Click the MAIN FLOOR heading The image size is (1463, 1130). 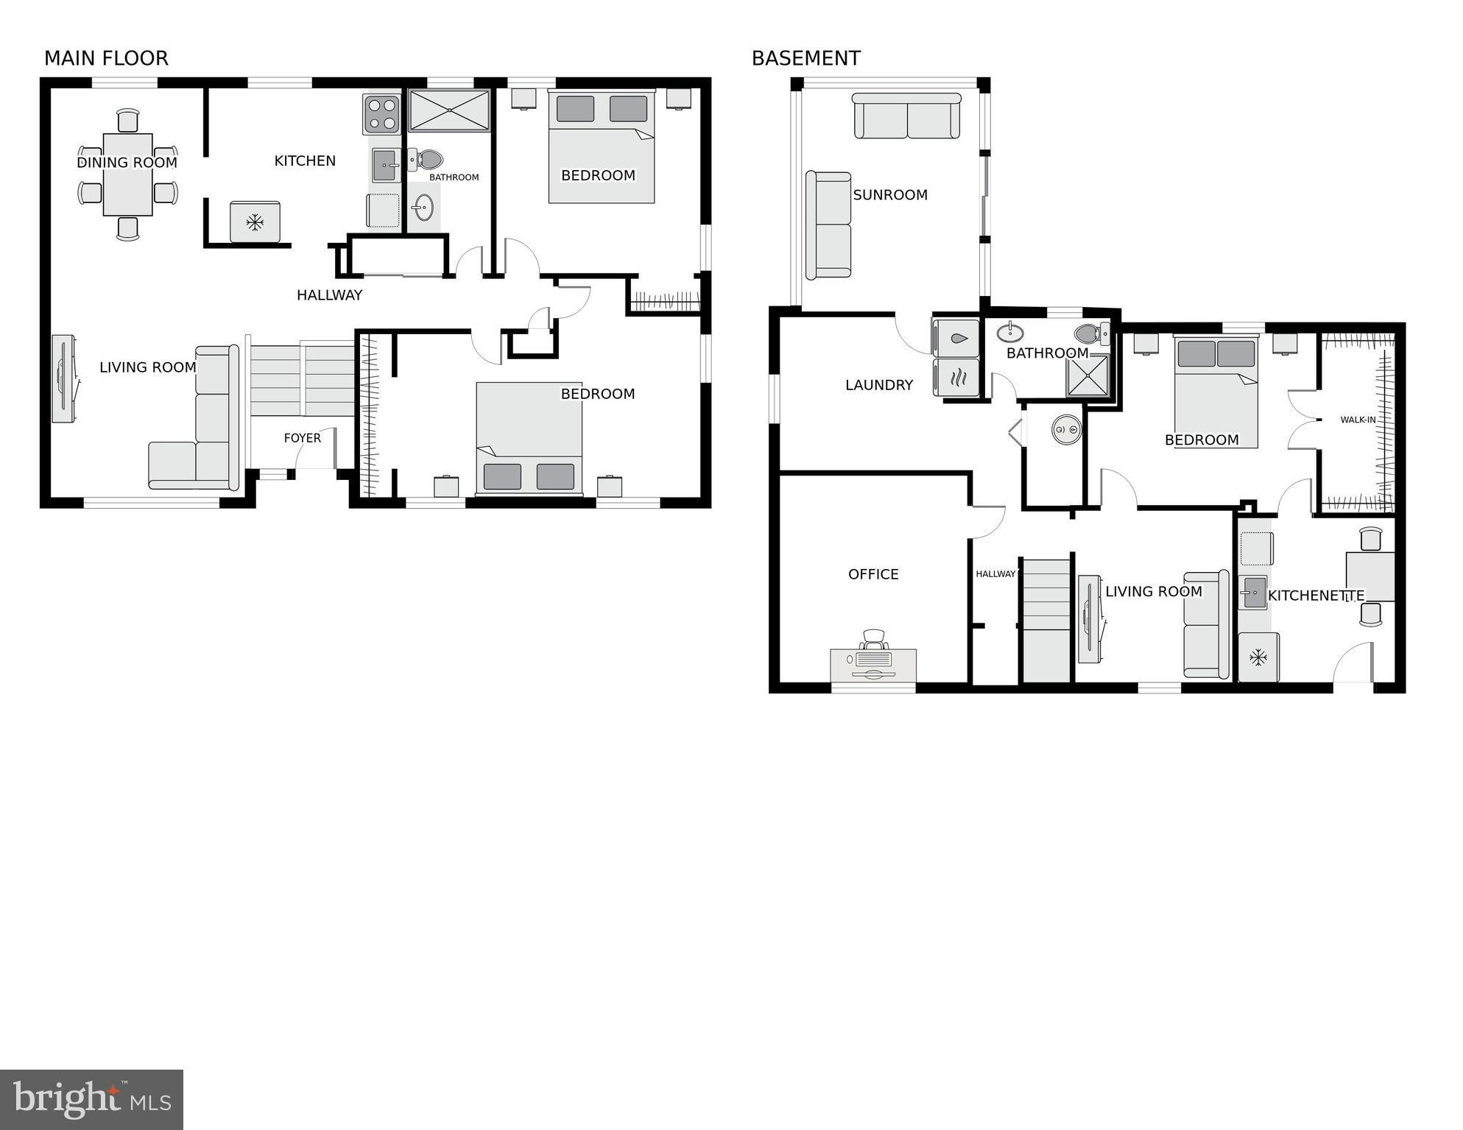tap(106, 58)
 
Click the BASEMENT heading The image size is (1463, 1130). tap(805, 58)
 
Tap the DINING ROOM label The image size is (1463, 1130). tap(127, 163)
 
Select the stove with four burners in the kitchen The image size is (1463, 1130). tap(381, 114)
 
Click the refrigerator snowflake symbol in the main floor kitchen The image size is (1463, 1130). tap(255, 222)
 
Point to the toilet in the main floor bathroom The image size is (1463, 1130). tap(426, 160)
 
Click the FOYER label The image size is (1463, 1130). tap(302, 438)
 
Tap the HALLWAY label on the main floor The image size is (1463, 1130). tap(329, 295)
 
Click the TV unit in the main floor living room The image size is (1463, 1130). tap(63, 378)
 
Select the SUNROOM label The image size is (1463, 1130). tap(889, 195)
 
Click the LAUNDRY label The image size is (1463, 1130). tap(878, 385)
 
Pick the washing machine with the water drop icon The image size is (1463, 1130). tap(956, 339)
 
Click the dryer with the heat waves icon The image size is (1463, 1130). tap(956, 378)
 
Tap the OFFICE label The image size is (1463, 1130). tap(873, 574)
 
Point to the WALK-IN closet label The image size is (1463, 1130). tap(1358, 420)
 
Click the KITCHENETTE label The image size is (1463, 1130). tap(1316, 596)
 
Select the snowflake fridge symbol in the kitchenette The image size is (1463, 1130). tap(1258, 657)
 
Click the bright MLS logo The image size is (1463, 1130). tap(91, 1100)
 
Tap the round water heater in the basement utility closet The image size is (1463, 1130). tap(1066, 429)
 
